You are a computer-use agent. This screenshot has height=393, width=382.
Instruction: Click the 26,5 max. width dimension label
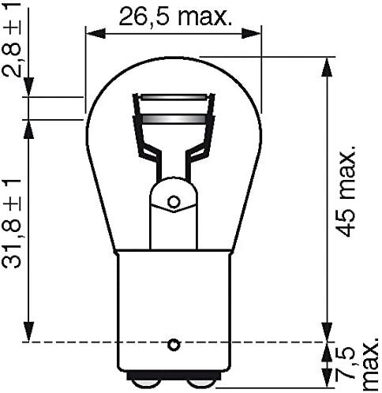175,17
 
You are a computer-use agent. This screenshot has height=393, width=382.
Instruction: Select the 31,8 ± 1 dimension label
11,223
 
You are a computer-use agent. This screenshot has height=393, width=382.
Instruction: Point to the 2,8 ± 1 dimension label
11,39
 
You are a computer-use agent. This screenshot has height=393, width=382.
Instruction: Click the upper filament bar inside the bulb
173,97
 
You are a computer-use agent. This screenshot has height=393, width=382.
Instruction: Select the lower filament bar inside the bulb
174,119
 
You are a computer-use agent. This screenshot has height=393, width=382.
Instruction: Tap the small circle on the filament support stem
174,202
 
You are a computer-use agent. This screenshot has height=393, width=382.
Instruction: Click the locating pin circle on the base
174,344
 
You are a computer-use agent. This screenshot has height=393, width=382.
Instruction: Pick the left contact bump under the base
144,384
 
